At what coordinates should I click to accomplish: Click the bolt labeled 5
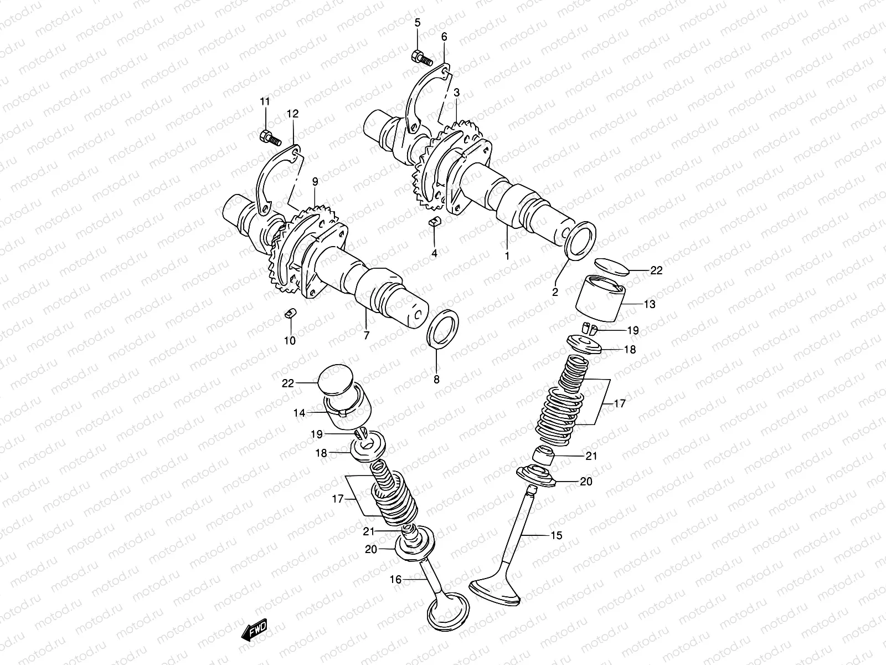tap(422, 57)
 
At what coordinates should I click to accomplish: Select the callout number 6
tap(444, 37)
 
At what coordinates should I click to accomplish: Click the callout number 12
tap(292, 114)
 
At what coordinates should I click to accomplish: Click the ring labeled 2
tap(581, 241)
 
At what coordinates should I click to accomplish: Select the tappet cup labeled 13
tap(601, 299)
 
